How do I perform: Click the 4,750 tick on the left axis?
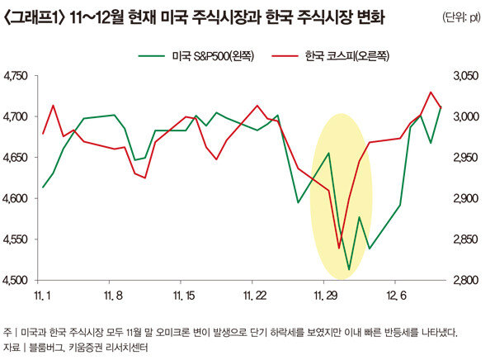click(x=16, y=76)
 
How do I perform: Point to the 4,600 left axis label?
click(x=16, y=198)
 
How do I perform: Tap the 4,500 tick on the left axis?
click(x=16, y=280)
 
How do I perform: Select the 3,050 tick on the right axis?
click(x=465, y=76)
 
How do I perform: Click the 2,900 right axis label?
click(x=465, y=198)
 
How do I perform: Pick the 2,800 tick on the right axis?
click(x=465, y=280)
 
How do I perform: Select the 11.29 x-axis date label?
click(x=328, y=295)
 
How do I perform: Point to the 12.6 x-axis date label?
click(x=399, y=295)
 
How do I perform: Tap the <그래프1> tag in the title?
click(x=33, y=17)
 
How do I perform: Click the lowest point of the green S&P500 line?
click(x=349, y=269)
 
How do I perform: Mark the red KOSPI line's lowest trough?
click(x=339, y=247)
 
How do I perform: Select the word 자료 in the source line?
click(x=12, y=348)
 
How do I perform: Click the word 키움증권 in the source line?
click(x=89, y=348)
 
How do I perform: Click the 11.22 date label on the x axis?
click(x=256, y=295)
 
